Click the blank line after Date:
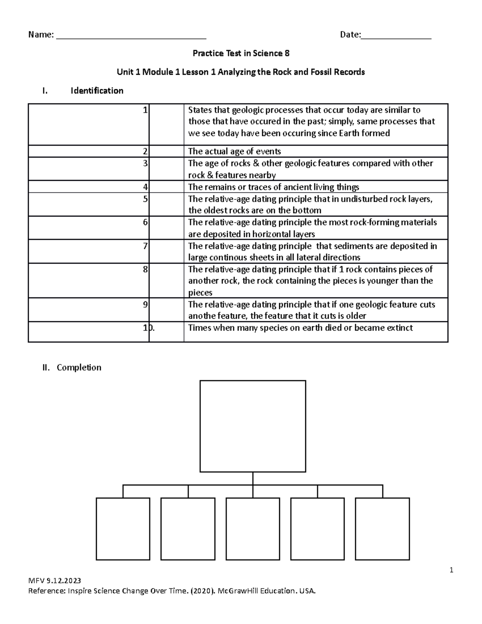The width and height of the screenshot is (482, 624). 396,36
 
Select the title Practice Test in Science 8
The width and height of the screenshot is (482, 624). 241,53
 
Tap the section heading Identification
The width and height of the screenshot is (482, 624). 97,91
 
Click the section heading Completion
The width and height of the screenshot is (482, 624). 79,367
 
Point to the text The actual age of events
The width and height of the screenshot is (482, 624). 234,151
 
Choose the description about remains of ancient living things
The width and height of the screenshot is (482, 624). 274,187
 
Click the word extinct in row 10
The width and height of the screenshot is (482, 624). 399,328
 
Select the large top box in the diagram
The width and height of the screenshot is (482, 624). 253,426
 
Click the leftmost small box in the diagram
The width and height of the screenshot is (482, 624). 123,529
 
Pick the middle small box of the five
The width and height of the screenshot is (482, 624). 253,529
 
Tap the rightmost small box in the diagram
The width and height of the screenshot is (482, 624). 382,529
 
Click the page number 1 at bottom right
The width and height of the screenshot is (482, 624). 451,570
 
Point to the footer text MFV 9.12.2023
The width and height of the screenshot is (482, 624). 54,580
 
